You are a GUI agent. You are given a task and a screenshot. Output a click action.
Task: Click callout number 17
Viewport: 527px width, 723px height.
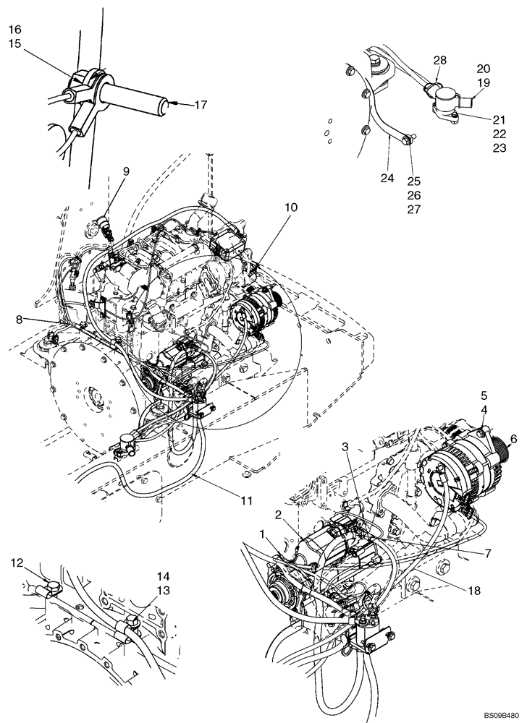[x=200, y=105]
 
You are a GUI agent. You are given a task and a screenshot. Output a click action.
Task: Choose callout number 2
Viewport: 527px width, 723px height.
[x=277, y=515]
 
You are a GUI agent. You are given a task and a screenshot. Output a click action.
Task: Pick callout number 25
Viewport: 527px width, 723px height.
[x=414, y=181]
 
